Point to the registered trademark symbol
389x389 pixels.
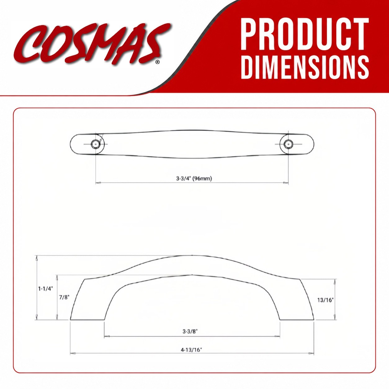pyautogui.click(x=158, y=62)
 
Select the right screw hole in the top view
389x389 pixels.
pyautogui.click(x=288, y=144)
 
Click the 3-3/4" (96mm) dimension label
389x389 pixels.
pyautogui.click(x=194, y=178)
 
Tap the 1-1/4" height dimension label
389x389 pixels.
pyautogui.click(x=46, y=289)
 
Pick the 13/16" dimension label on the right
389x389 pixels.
pyautogui.click(x=325, y=306)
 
